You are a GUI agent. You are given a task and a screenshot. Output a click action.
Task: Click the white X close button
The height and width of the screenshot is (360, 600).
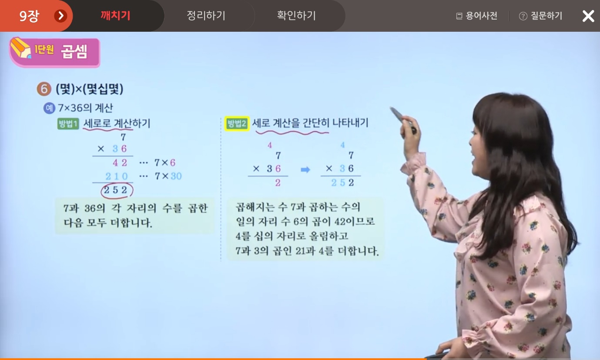click(588, 16)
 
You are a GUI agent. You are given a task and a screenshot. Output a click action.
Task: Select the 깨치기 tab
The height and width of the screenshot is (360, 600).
click(115, 16)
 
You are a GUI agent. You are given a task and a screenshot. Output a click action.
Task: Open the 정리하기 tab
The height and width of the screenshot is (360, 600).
click(206, 16)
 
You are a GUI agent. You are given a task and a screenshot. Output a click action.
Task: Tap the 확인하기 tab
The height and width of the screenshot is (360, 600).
click(296, 16)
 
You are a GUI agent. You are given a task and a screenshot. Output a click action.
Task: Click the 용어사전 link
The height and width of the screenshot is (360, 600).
click(477, 16)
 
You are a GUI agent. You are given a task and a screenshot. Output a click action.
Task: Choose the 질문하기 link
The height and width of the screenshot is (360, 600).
click(541, 16)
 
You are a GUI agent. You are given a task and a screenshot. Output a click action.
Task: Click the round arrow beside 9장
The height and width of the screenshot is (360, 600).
click(61, 16)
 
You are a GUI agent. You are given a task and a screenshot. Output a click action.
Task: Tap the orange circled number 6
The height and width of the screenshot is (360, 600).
click(44, 89)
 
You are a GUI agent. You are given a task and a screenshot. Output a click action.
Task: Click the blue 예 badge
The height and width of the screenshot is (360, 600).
click(49, 108)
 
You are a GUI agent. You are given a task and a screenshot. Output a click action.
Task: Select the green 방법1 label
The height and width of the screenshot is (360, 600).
click(68, 123)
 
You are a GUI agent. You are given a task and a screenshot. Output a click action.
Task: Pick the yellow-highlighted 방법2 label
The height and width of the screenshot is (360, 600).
click(237, 123)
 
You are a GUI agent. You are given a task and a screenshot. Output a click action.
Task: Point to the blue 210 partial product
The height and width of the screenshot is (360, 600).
click(117, 176)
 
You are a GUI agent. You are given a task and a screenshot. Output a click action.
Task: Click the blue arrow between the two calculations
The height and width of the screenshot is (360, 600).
click(305, 170)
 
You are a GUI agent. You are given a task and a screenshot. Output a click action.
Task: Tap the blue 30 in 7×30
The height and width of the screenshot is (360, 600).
click(176, 176)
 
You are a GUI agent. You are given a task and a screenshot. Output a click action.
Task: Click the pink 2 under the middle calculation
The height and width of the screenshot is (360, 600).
click(278, 183)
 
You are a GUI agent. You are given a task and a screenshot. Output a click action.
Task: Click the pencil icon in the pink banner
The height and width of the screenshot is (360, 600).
click(20, 48)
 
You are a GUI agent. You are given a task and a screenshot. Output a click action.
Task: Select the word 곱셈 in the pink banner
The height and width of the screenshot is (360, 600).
click(74, 51)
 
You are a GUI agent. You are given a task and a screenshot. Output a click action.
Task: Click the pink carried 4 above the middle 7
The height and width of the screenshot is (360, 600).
click(270, 145)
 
